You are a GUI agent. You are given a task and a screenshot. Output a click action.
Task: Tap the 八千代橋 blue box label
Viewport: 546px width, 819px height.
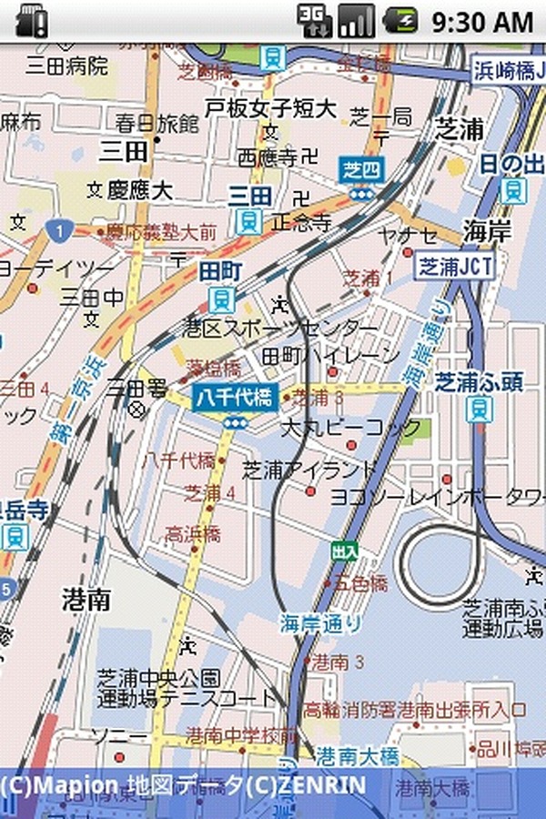click(234, 398)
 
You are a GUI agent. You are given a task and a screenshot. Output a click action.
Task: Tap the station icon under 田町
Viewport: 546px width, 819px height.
click(221, 298)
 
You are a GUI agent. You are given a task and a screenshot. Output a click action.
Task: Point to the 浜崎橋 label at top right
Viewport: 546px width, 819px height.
click(508, 71)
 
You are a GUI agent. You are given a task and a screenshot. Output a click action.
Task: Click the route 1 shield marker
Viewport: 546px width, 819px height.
click(59, 231)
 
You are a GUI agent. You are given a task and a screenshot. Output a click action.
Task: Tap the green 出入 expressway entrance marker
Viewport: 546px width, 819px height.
click(345, 551)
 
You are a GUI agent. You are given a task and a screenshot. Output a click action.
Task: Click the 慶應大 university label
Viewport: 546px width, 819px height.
click(139, 190)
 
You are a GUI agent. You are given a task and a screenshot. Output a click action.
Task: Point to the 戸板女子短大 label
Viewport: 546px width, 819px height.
click(270, 108)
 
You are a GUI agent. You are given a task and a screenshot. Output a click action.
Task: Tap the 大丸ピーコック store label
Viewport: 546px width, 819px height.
click(351, 427)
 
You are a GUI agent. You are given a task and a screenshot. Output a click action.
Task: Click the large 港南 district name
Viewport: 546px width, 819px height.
click(86, 599)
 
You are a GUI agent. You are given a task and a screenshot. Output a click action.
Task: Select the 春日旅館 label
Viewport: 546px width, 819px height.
click(157, 122)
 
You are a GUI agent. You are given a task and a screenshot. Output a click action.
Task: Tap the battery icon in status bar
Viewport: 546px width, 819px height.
click(400, 20)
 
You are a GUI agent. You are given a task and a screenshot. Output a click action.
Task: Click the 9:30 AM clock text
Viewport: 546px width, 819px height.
click(481, 21)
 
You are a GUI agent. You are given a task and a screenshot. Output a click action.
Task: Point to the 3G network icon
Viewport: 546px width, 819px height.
click(313, 20)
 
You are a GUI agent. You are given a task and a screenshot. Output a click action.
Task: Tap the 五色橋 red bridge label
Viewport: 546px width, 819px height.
click(360, 581)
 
